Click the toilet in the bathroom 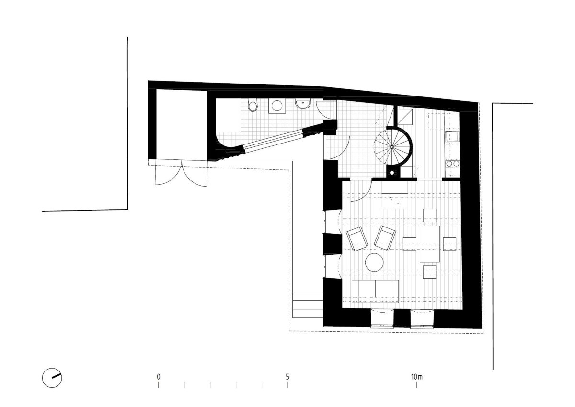[x=253, y=106]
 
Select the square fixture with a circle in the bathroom [x=276, y=106]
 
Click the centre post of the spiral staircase [x=392, y=147]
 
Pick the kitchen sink [x=452, y=136]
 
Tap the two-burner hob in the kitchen [x=452, y=163]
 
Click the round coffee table [x=374, y=262]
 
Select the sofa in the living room [x=375, y=291]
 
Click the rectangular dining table [x=430, y=244]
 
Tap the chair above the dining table [x=429, y=215]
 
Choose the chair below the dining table [x=429, y=272]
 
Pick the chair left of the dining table [x=409, y=244]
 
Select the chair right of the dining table [x=449, y=244]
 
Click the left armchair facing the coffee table [x=357, y=239]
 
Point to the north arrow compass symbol [x=52, y=378]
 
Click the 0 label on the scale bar [x=159, y=377]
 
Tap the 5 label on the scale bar [x=287, y=377]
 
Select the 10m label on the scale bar [x=416, y=377]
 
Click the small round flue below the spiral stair [x=392, y=173]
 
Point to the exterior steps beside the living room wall [x=308, y=305]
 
